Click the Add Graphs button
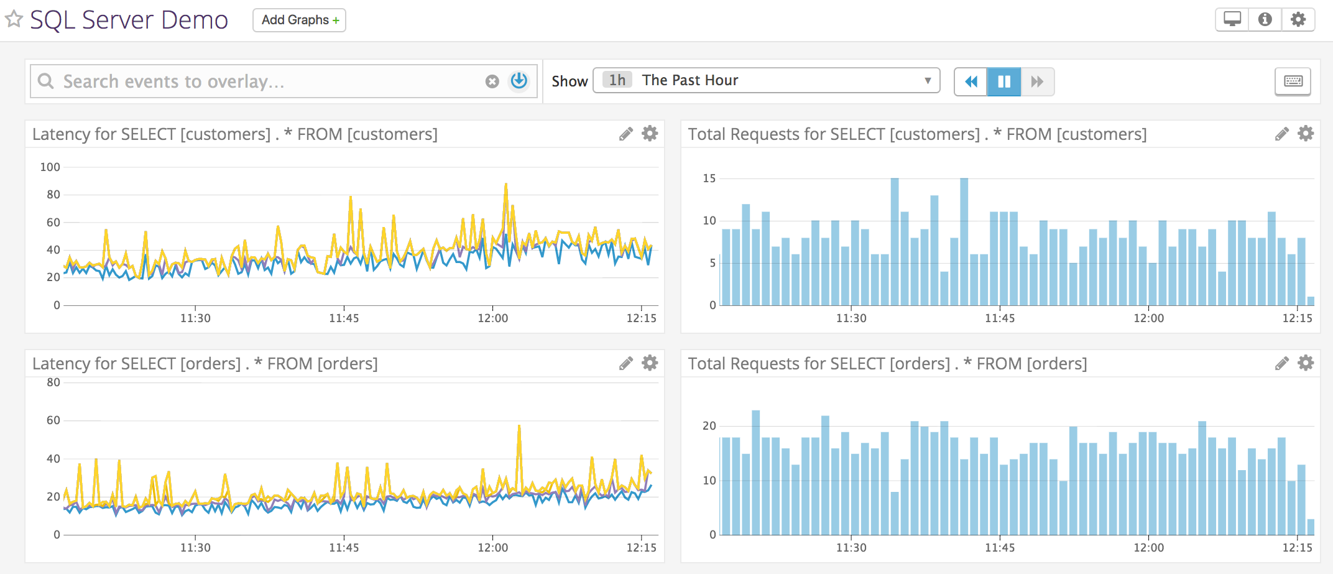[x=299, y=20]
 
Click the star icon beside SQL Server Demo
[x=14, y=19]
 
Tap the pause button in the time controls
[x=1004, y=81]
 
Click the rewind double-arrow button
[x=971, y=81]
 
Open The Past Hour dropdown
[x=766, y=80]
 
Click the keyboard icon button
[x=1293, y=81]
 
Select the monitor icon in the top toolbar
[x=1232, y=19]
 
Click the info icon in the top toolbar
[x=1265, y=19]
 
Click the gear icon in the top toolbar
[x=1298, y=19]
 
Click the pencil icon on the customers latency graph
[x=625, y=134]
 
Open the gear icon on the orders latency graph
[x=650, y=363]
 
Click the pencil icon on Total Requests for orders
[x=1281, y=363]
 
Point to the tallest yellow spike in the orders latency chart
[x=519, y=427]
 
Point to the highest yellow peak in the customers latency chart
[x=506, y=185]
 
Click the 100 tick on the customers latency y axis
[x=50, y=167]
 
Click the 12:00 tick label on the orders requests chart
[x=1148, y=547]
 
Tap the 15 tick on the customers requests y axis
[x=709, y=178]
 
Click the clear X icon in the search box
[x=492, y=81]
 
